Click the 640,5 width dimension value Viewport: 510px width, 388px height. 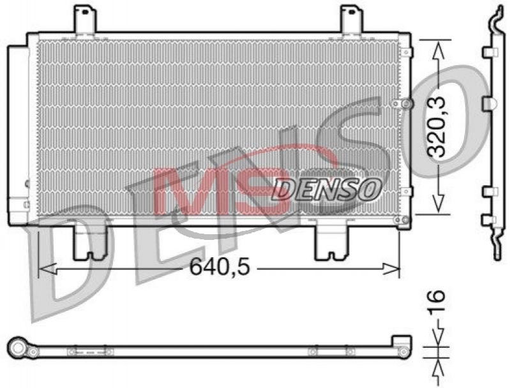pos(220,267)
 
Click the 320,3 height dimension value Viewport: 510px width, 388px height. pos(436,127)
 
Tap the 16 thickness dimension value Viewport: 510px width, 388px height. pos(436,302)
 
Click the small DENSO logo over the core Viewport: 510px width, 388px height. pos(326,189)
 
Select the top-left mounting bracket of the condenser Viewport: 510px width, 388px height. pos(85,19)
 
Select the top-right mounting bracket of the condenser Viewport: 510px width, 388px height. pos(352,19)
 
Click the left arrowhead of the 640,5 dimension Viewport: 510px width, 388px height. pos(48,269)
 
